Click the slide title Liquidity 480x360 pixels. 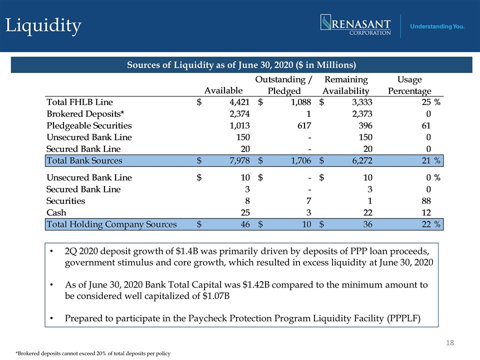(43, 25)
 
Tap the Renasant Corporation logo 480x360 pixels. (355, 25)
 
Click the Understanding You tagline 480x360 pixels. (437, 26)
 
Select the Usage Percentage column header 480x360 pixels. (409, 85)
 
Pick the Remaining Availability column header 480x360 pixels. (346, 85)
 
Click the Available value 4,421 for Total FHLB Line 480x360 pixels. (239, 102)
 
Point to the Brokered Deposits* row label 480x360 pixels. (85, 114)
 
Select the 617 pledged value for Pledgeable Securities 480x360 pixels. (304, 125)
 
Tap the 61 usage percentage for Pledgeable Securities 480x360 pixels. (426, 125)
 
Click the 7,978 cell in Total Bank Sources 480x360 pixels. (239, 160)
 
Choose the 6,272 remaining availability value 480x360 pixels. (362, 160)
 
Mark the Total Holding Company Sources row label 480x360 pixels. (111, 224)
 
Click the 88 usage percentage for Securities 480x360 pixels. (426, 201)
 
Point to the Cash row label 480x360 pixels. (56, 212)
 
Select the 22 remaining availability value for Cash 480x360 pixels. (367, 212)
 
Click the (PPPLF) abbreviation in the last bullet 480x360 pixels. (404, 318)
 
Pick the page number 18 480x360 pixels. (450, 342)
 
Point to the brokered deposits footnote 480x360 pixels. (93, 353)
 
